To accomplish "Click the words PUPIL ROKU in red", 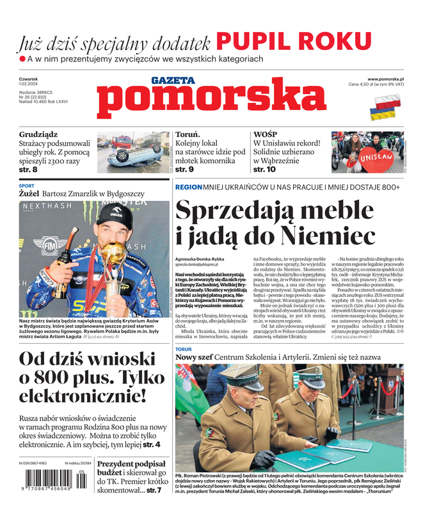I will [294, 41].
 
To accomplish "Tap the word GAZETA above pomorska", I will [173, 81].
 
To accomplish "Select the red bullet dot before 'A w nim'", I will [22, 59].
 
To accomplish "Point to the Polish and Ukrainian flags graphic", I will [387, 107].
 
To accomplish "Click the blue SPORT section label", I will [26, 186].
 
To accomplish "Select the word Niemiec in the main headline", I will [319, 236].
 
